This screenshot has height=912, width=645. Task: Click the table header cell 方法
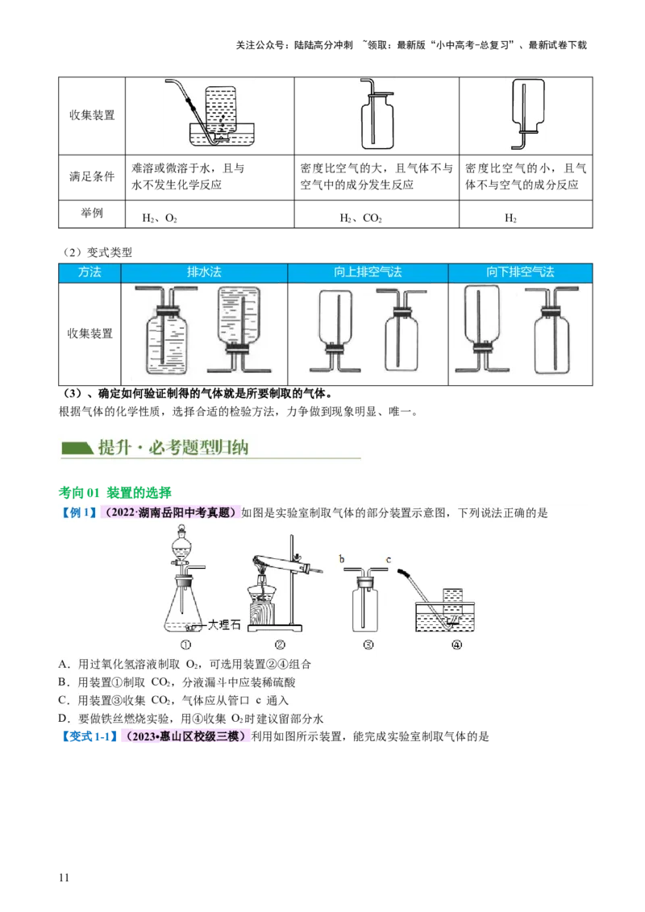click(x=89, y=272)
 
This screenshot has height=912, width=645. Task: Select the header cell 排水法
click(x=204, y=272)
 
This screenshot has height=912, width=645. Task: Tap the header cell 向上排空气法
click(x=368, y=272)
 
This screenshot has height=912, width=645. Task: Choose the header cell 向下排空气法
click(x=520, y=272)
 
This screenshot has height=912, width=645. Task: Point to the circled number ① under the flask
click(x=186, y=645)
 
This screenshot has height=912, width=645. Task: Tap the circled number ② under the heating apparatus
click(x=280, y=645)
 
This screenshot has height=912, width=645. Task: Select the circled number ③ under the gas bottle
click(x=368, y=645)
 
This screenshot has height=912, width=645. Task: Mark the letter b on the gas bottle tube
click(x=343, y=558)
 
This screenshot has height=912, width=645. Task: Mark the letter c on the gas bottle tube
click(x=389, y=558)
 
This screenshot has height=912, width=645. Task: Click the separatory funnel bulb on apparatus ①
click(x=185, y=548)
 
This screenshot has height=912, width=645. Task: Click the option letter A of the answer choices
click(x=64, y=665)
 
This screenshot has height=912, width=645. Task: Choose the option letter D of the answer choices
click(x=64, y=719)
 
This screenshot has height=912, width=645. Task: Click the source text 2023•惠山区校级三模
click(x=185, y=737)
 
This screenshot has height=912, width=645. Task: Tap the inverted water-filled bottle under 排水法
click(x=241, y=318)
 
